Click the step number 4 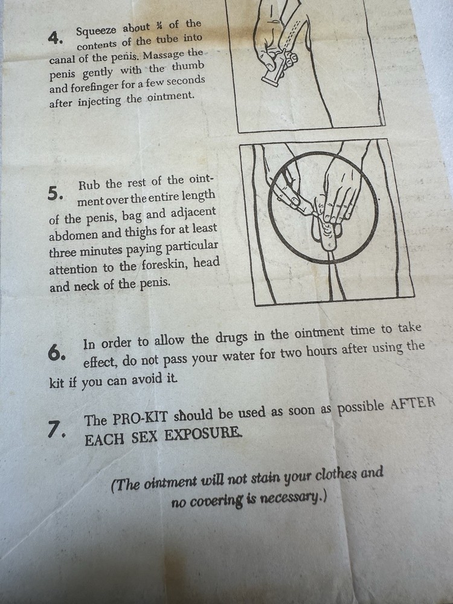[x=56, y=37]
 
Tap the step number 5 [x=55, y=193]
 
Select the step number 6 [x=57, y=353]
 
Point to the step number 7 [x=56, y=429]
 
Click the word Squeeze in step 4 [x=96, y=29]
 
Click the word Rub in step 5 [x=89, y=184]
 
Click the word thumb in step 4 [x=188, y=66]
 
